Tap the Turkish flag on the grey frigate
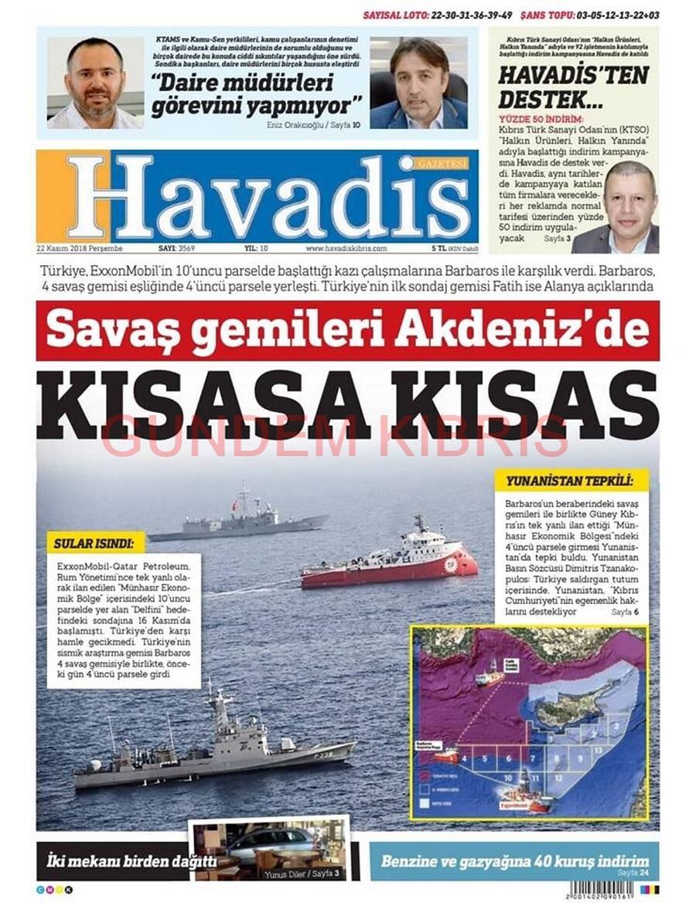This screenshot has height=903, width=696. pyautogui.click(x=234, y=505)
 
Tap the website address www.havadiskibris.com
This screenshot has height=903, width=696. pyautogui.click(x=346, y=249)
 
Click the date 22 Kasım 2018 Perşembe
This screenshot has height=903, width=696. pyautogui.click(x=80, y=249)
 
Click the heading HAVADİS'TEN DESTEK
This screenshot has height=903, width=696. pyautogui.click(x=573, y=87)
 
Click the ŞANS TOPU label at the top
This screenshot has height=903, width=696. pyautogui.click(x=548, y=15)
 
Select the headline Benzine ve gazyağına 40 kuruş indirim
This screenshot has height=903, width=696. pyautogui.click(x=514, y=860)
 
